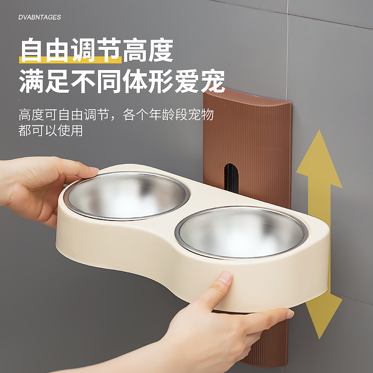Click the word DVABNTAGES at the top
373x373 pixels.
40,17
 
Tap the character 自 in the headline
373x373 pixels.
31,50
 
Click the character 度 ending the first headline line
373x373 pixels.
161,50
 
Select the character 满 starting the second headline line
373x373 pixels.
31,81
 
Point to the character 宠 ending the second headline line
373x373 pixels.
213,81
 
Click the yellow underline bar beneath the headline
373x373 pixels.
70,60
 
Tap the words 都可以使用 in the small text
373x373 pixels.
50,131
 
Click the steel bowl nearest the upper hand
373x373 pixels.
127,195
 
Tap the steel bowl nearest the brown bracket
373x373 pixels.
242,232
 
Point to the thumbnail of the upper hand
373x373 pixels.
94,169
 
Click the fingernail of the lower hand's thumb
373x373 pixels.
225,276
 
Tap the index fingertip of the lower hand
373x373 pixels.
290,314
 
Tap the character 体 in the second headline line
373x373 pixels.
135,81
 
